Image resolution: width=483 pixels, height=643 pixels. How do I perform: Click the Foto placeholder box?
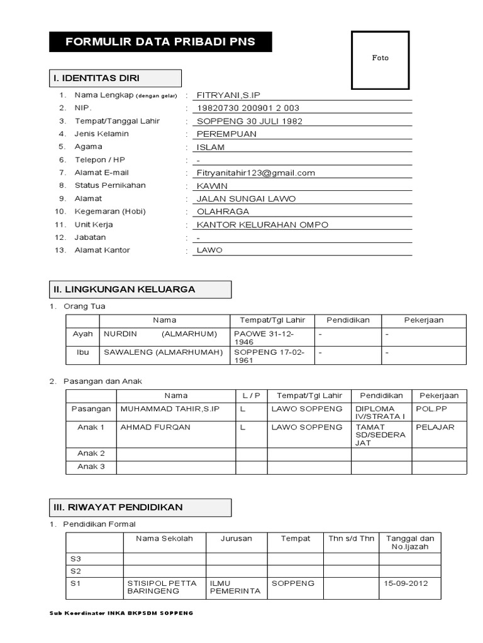tap(380, 58)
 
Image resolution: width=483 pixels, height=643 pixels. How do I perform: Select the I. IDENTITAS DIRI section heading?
tap(97, 78)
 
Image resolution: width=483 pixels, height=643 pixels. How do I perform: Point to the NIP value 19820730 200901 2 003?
tap(248, 108)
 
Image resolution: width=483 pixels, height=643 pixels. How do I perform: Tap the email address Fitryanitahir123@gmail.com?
tap(256, 173)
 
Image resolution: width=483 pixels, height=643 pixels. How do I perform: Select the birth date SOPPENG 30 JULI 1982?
tap(250, 121)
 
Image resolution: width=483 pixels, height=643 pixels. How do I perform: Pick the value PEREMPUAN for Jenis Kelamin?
tap(226, 134)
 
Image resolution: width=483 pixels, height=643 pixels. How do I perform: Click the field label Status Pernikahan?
tap(110, 186)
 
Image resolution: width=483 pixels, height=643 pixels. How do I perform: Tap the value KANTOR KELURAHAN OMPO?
tap(262, 225)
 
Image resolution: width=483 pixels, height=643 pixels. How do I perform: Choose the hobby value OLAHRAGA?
tap(223, 212)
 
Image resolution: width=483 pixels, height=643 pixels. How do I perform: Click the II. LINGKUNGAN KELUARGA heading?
tap(124, 289)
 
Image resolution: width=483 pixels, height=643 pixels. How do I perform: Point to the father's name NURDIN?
tap(119, 334)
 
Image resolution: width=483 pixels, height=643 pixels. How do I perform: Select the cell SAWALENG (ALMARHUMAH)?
tap(164, 352)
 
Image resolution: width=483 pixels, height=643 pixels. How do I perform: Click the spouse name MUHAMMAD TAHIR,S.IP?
tap(170, 409)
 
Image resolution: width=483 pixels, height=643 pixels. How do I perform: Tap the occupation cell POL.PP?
tap(430, 409)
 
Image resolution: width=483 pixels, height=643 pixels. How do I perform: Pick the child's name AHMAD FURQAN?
tap(155, 427)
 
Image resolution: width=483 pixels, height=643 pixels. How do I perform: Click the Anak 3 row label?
tap(91, 467)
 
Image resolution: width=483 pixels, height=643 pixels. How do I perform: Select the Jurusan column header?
tap(236, 539)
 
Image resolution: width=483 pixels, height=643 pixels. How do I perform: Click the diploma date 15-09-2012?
tap(406, 583)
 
